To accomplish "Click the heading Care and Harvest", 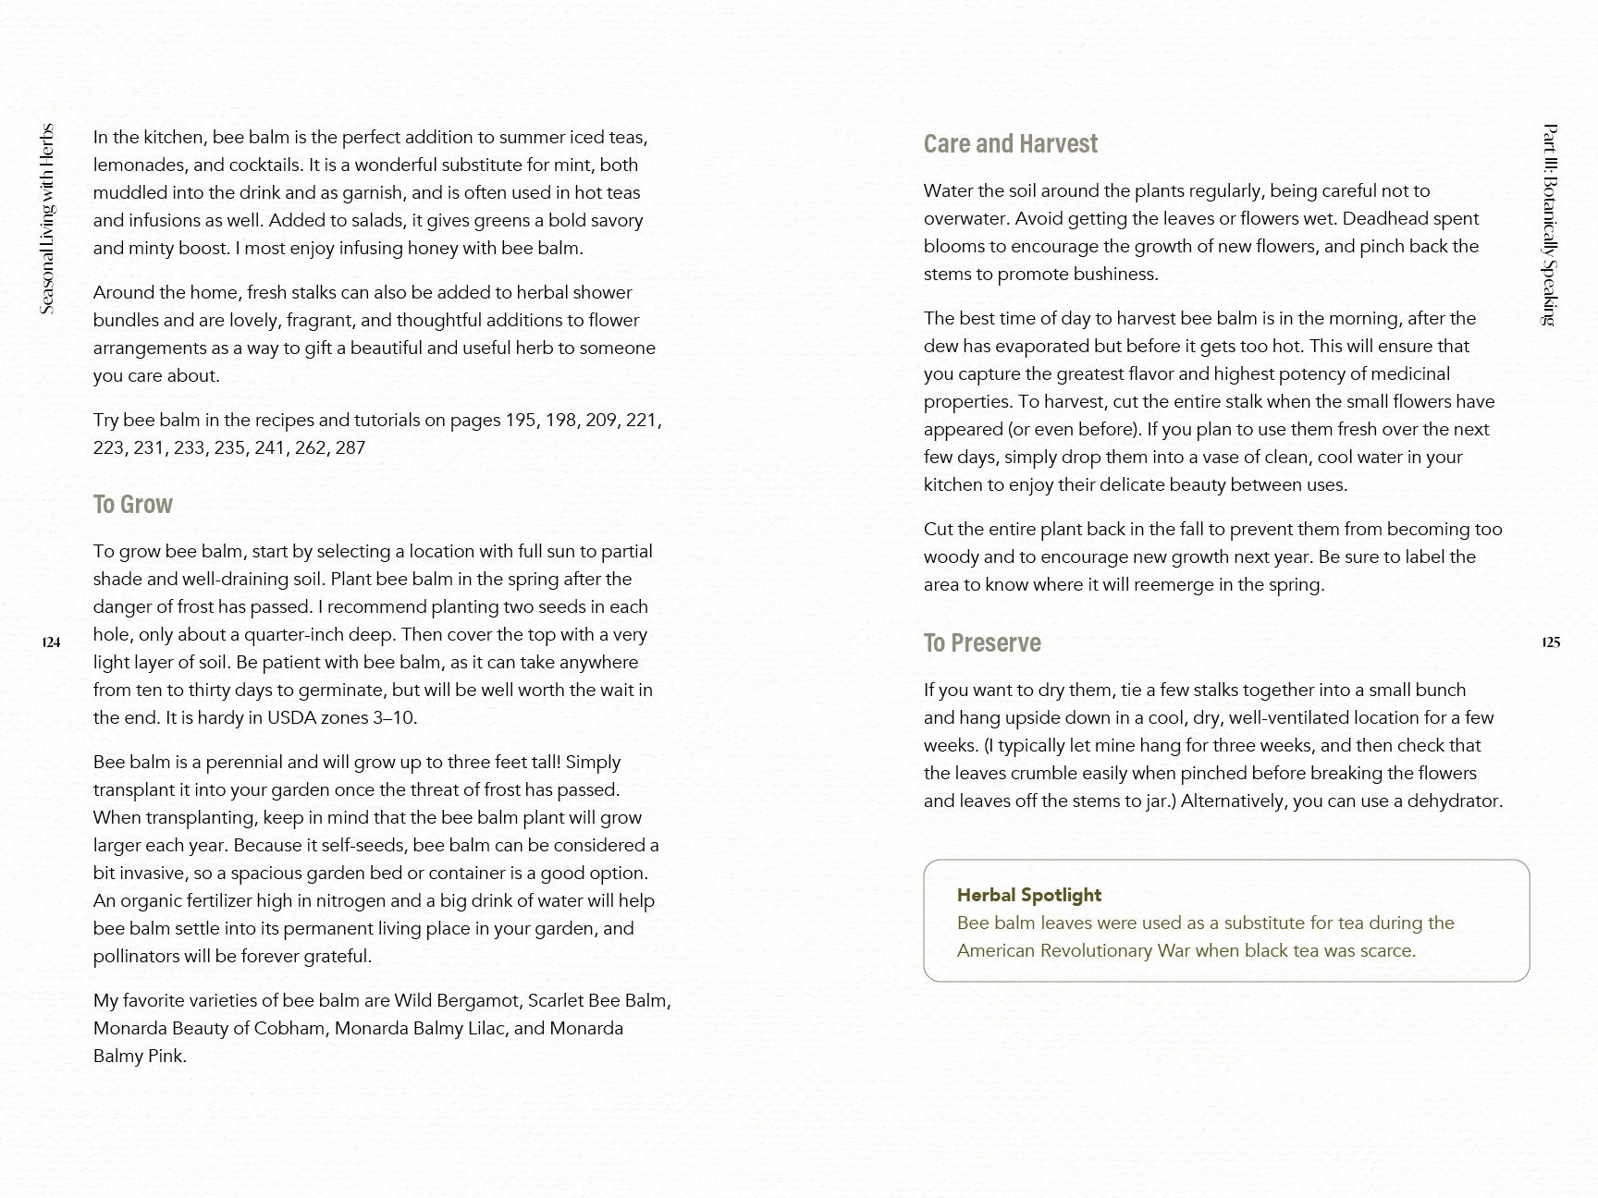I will pyautogui.click(x=1010, y=144).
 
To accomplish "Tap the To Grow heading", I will pyautogui.click(x=132, y=505).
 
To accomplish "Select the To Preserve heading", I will pyautogui.click(x=981, y=643).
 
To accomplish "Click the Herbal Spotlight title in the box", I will pyautogui.click(x=1028, y=895).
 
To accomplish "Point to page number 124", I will pyautogui.click(x=51, y=642).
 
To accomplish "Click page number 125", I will pyautogui.click(x=1551, y=642).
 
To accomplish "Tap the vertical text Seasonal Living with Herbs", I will pyautogui.click(x=47, y=219).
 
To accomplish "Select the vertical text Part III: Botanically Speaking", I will pyautogui.click(x=1551, y=225).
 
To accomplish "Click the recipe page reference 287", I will pyautogui.click(x=350, y=448).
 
